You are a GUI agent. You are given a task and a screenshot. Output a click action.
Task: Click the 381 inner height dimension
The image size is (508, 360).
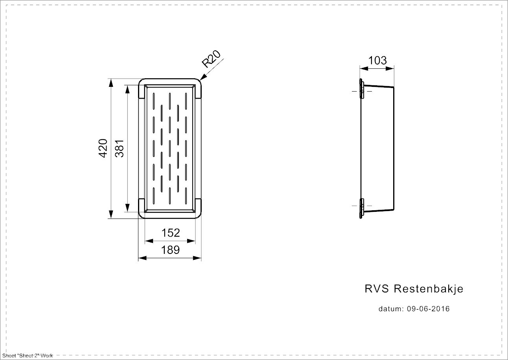pos(120,148)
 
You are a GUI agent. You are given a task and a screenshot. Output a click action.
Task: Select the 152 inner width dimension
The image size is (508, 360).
pos(171,233)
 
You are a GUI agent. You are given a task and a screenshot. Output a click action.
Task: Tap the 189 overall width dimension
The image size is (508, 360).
pos(171,250)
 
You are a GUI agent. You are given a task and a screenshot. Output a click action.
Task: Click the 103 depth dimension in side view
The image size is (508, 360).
pos(377,61)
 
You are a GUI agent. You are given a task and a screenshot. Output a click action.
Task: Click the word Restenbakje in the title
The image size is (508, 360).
pos(429,289)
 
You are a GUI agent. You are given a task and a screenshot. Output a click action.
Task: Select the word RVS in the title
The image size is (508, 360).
pos(377,289)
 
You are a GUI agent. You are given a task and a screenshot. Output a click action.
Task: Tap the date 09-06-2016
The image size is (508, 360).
pos(428,309)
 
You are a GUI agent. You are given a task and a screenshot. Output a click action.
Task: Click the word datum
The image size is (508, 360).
pos(391,309)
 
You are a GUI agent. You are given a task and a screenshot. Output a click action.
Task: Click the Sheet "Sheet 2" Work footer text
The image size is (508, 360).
pos(28,356)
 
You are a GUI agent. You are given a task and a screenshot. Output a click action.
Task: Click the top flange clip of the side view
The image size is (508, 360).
pos(361,90)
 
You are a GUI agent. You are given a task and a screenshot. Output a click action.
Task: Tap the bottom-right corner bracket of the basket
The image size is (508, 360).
pos(198,207)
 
